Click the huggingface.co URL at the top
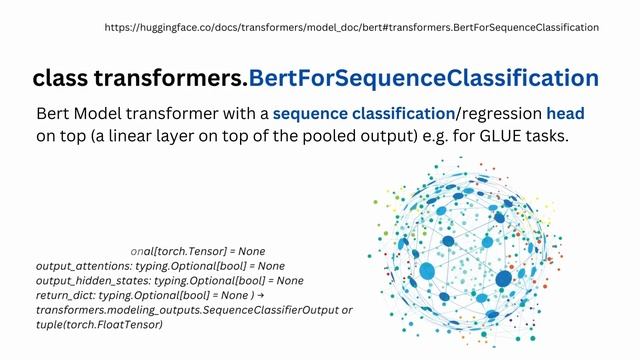click(352, 28)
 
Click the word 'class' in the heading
click(63, 78)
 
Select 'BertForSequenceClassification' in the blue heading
click(424, 78)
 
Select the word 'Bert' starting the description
click(53, 114)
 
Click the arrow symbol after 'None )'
click(260, 296)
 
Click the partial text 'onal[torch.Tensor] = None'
click(197, 251)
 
